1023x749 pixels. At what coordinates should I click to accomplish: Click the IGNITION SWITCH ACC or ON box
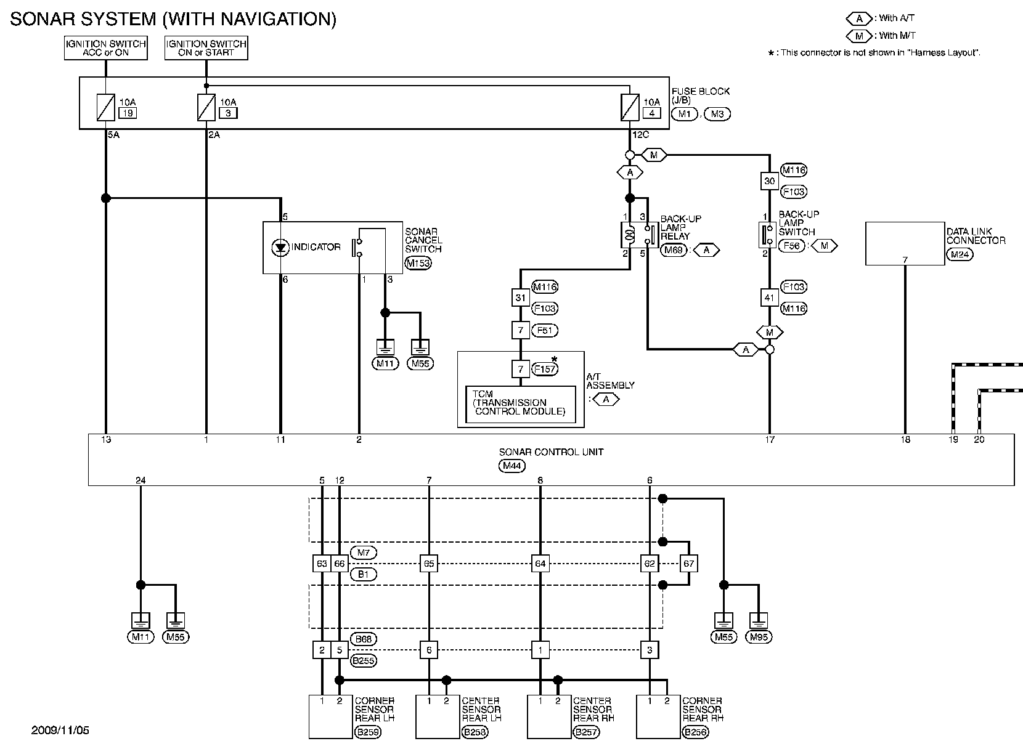coord(105,48)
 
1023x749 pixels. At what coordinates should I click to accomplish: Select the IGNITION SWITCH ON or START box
coord(206,48)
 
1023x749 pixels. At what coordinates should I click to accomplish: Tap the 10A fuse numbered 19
coord(105,107)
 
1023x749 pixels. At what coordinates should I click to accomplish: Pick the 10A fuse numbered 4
coord(630,107)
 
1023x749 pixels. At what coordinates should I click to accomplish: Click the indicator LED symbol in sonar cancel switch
coord(280,248)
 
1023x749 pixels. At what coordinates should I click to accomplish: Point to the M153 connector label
coord(418,263)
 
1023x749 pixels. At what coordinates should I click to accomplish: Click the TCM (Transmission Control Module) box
coord(521,405)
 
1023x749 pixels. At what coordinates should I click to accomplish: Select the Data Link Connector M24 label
coord(960,254)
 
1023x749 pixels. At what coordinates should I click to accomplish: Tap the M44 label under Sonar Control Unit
coord(512,466)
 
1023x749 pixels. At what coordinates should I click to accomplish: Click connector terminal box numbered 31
coord(520,298)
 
